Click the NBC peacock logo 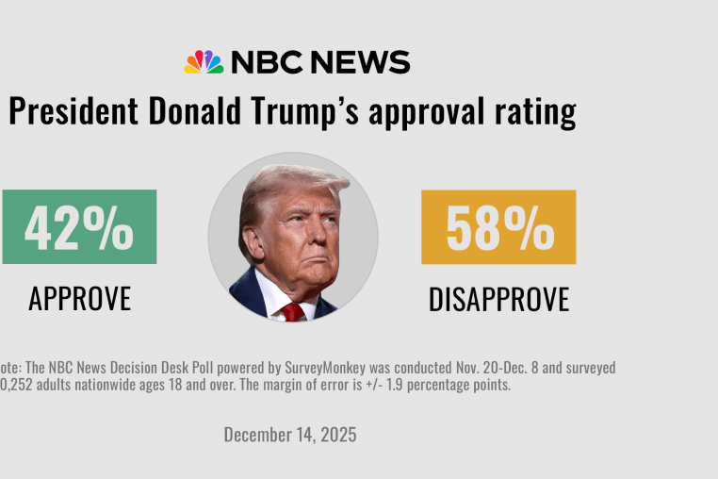[x=204, y=62]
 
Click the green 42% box [x=79, y=227]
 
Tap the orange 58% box [x=498, y=227]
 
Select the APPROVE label [x=79, y=298]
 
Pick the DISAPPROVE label [x=498, y=299]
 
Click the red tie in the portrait [x=292, y=310]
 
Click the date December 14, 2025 [x=290, y=435]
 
